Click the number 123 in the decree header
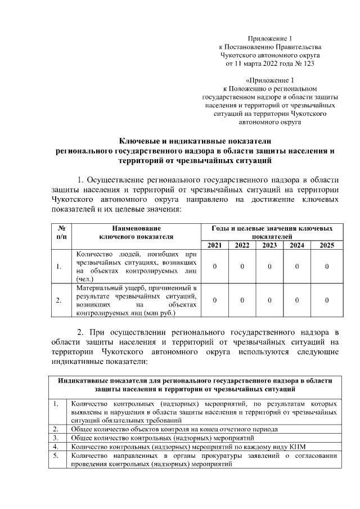click(x=308, y=64)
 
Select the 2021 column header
click(x=214, y=245)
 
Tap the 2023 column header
click(x=269, y=245)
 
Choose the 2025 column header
click(x=326, y=245)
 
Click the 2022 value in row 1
click(x=242, y=266)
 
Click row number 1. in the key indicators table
click(x=58, y=266)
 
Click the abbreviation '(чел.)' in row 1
click(x=84, y=278)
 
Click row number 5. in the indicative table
click(x=56, y=456)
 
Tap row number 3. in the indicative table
click(x=56, y=437)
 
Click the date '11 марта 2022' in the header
click(x=254, y=64)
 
